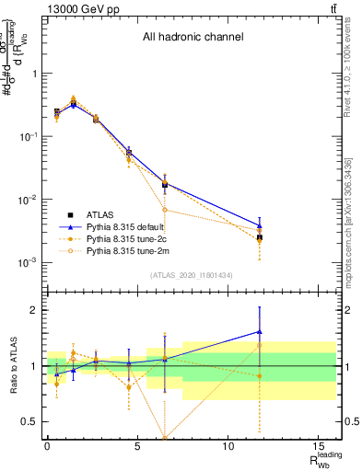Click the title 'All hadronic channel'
pyautogui.click(x=192, y=38)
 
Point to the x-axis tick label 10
pyautogui.click(x=228, y=445)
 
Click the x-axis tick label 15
pyautogui.click(x=318, y=445)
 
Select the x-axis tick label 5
pyautogui.click(x=137, y=445)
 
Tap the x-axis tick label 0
pyautogui.click(x=47, y=445)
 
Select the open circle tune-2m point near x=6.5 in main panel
pyautogui.click(x=165, y=210)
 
